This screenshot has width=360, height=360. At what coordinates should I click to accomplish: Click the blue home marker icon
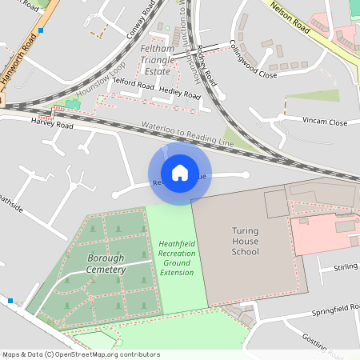[x=179, y=172]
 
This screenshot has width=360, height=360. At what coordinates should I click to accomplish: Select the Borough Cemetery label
[x=106, y=264]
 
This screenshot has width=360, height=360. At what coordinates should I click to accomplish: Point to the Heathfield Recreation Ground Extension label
[x=177, y=258]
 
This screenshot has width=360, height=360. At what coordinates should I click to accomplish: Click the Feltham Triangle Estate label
[x=156, y=60]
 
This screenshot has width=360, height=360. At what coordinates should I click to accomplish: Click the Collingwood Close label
[x=253, y=58]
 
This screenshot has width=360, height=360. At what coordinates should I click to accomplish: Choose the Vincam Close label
[x=325, y=122]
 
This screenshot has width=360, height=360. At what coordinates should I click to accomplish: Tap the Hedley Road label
[x=180, y=93]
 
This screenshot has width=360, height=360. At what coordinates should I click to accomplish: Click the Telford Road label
[x=133, y=83]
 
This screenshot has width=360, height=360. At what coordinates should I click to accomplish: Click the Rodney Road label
[x=206, y=66]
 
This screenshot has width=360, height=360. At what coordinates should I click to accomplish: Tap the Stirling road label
[x=346, y=267]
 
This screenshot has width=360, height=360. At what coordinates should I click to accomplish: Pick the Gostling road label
[x=328, y=342]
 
